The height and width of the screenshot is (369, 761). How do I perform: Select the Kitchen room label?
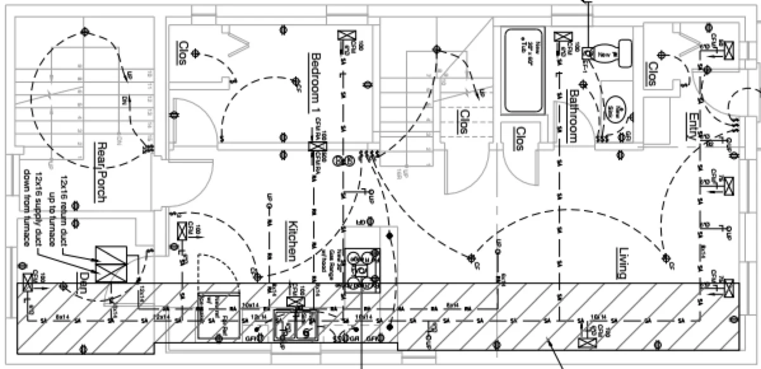[x=291, y=240]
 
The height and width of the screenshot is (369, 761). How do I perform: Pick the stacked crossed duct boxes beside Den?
[x=111, y=264]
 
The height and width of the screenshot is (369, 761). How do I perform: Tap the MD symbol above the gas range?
[x=360, y=222]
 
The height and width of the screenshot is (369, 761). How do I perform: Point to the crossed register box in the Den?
[x=29, y=282]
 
